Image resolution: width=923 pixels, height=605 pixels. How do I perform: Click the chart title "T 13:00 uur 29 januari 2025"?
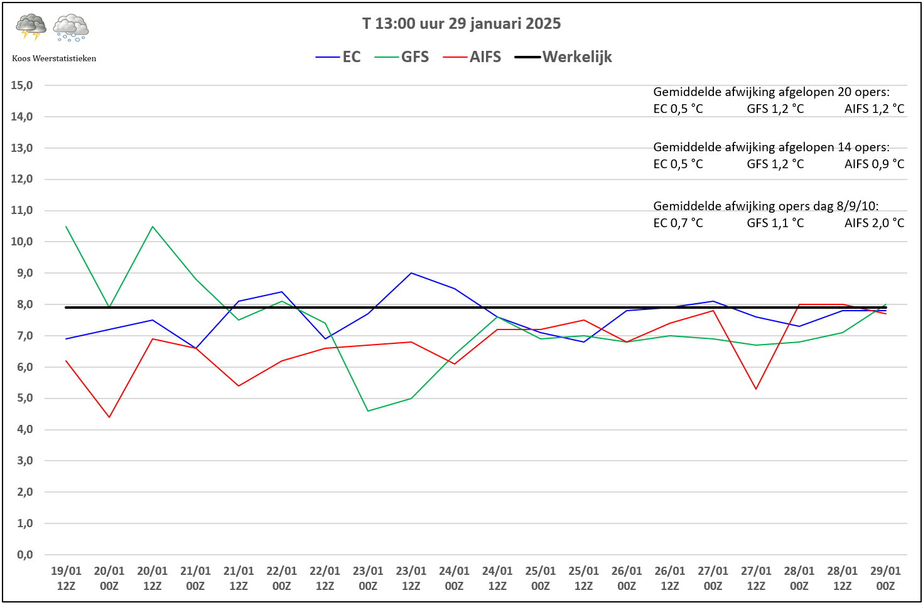[462, 23]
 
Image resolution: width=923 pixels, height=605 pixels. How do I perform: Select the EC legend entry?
[338, 57]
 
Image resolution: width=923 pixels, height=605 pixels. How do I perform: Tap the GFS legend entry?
[402, 57]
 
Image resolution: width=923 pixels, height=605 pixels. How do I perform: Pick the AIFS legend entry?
[472, 57]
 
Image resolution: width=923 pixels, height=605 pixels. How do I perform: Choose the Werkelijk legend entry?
[563, 57]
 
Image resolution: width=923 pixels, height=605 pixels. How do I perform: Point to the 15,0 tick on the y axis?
[22, 85]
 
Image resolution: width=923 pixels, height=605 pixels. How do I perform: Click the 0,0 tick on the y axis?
[24, 555]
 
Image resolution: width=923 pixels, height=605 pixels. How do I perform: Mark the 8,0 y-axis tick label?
[24, 304]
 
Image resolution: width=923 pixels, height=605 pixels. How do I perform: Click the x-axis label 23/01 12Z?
[411, 578]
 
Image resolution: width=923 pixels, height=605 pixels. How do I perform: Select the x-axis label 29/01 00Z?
[885, 578]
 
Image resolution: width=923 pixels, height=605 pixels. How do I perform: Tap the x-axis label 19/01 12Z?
[66, 578]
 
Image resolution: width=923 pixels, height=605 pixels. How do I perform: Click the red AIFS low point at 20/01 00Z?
[109, 417]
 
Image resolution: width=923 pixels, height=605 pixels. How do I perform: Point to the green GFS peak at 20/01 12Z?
[153, 226]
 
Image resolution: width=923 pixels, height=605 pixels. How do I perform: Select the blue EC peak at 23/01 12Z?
[411, 273]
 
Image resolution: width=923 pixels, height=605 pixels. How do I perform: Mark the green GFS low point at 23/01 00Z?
[368, 410]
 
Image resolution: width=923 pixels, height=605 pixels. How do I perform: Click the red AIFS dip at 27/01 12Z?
[756, 388]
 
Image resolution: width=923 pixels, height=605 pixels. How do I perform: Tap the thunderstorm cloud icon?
[31, 27]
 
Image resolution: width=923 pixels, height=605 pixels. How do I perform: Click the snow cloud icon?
[71, 28]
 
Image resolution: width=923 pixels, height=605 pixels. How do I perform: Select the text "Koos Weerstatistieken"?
[54, 58]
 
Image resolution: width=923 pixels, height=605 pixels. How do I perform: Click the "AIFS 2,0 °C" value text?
[875, 223]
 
